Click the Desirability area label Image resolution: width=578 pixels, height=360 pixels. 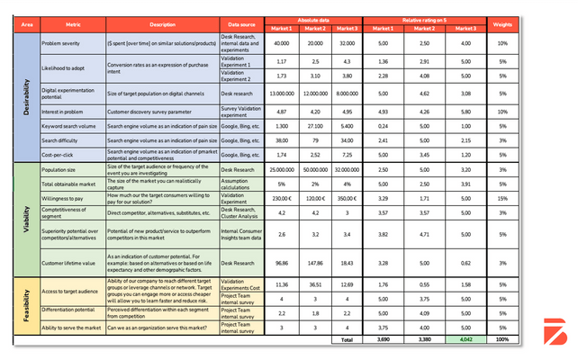pos(25,98)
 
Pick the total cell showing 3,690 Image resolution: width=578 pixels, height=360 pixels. pos(382,340)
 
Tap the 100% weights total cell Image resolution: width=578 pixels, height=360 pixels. pos(503,340)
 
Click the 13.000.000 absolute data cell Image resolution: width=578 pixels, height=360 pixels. pos(281,93)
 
